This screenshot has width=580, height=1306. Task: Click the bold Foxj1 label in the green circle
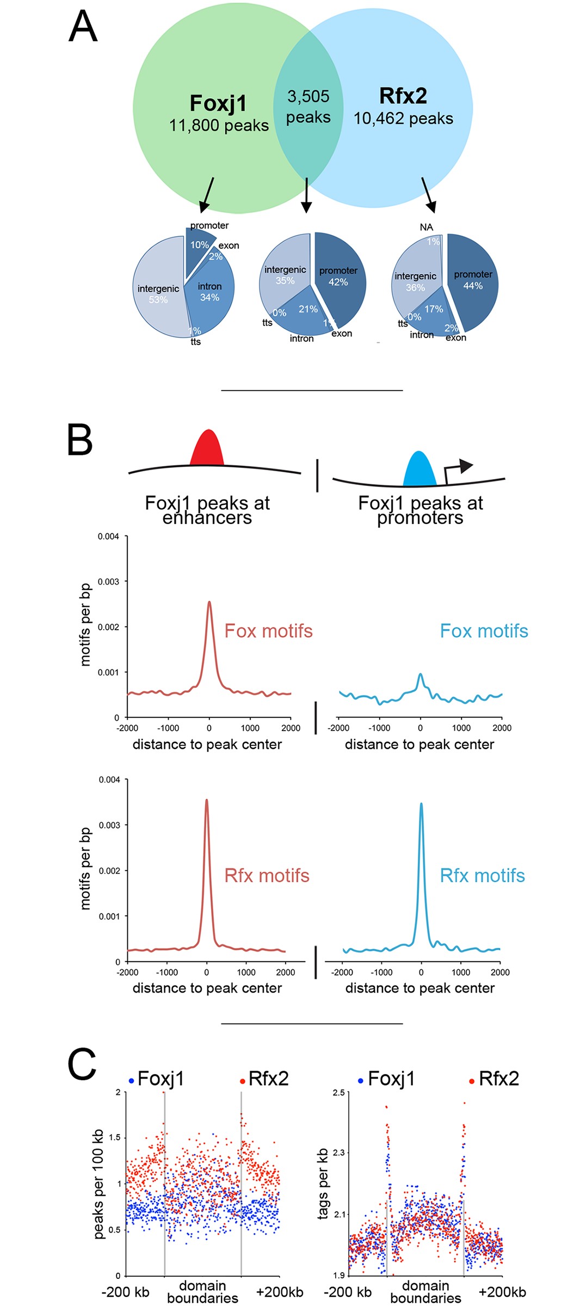218,103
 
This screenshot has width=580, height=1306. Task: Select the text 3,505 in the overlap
308,96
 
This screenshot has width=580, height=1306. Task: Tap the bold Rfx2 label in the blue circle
403,96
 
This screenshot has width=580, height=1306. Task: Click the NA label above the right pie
427,227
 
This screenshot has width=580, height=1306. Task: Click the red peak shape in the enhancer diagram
207,449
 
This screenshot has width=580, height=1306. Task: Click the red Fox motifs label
268,631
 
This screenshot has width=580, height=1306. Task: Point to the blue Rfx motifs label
482,876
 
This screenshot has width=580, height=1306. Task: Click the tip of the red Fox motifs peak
209,602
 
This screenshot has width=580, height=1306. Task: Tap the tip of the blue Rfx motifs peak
421,804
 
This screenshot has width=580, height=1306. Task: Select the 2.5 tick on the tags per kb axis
338,1093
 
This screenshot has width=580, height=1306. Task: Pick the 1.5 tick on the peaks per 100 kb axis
115,1137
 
